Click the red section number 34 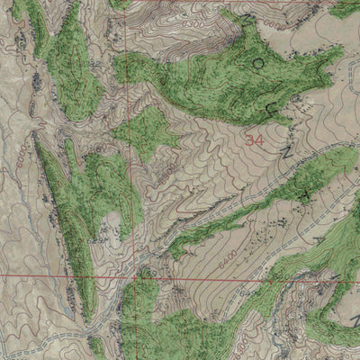coord(255,140)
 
